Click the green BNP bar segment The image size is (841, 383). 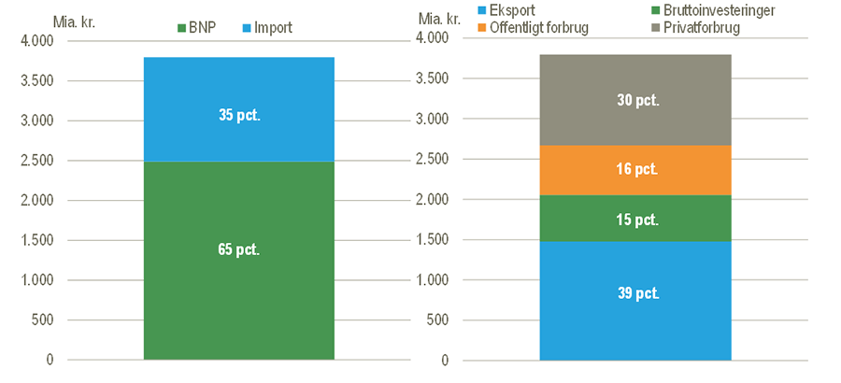click(238, 280)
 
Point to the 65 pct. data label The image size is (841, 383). click(238, 249)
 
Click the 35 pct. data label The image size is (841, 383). click(238, 116)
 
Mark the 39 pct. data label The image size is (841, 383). click(635, 293)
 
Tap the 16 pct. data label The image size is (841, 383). click(635, 170)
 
